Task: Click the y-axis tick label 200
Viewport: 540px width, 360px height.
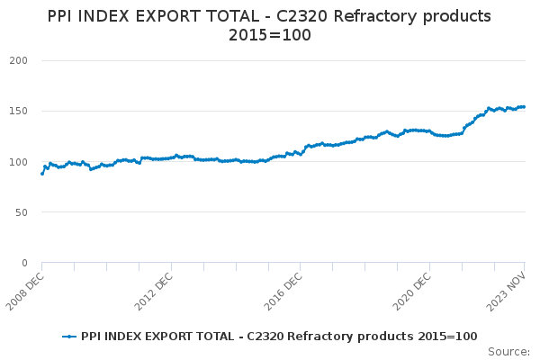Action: click(19, 60)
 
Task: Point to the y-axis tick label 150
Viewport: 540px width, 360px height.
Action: click(19, 111)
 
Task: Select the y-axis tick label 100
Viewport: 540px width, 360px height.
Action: click(19, 162)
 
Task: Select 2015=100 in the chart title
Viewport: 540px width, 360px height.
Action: click(269, 35)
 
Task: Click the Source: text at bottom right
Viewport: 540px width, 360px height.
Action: click(508, 351)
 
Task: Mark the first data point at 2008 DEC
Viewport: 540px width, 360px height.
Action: click(42, 173)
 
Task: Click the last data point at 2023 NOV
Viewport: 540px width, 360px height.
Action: click(525, 107)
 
